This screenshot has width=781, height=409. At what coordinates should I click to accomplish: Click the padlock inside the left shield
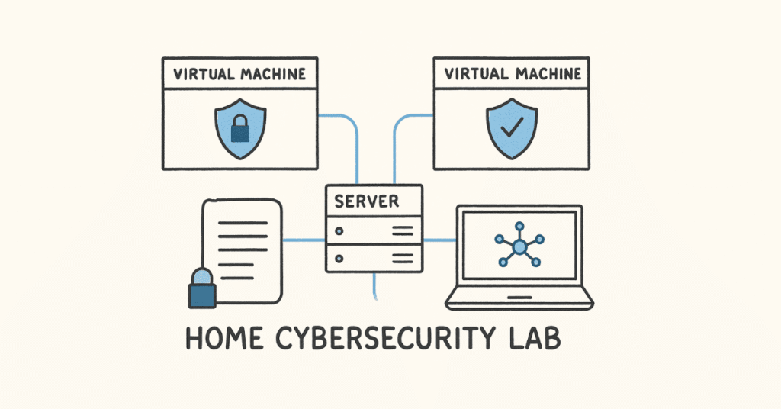coord(239,130)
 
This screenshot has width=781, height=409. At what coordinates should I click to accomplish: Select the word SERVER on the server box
coord(366,201)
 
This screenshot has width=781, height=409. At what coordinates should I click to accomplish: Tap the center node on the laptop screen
coord(519,246)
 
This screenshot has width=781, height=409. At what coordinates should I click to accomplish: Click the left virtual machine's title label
coord(239,75)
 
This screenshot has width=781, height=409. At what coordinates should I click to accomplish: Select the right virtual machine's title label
coord(513,75)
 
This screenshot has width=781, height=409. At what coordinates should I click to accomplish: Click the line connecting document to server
coord(304,240)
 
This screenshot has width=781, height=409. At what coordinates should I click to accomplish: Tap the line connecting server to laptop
coord(439,240)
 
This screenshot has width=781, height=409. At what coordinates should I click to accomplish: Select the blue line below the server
coord(374,286)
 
